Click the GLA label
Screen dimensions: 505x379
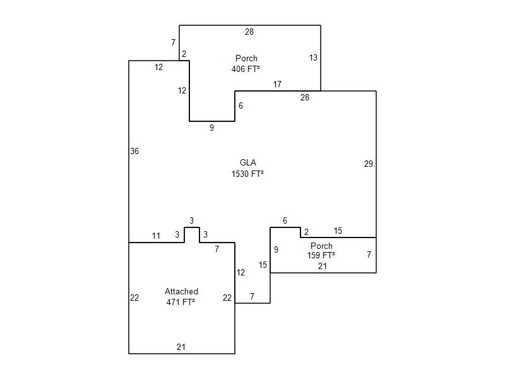click(x=248, y=162)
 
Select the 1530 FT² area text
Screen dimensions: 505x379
click(x=247, y=174)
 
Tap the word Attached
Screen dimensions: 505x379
click(x=181, y=291)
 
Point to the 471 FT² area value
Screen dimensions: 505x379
click(x=181, y=302)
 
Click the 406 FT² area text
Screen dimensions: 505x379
click(x=246, y=69)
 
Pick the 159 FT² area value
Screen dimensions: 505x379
click(x=321, y=255)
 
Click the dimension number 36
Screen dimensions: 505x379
click(x=134, y=151)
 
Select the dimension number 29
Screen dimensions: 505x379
click(x=369, y=164)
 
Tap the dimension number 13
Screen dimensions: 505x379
click(x=313, y=57)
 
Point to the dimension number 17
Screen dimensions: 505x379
click(x=277, y=84)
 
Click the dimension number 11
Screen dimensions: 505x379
click(x=156, y=236)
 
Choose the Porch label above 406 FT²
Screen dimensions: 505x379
click(x=246, y=58)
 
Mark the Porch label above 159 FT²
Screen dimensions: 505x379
click(x=321, y=246)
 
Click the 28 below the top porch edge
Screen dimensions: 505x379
click(x=249, y=32)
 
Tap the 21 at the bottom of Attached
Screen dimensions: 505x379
click(x=181, y=347)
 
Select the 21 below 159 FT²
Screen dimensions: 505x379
click(x=323, y=266)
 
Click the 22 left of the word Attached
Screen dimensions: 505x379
click(x=134, y=298)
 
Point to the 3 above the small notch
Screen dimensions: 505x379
click(x=192, y=220)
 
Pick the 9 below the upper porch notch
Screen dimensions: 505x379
click(x=211, y=128)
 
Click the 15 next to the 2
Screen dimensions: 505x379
click(x=338, y=231)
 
